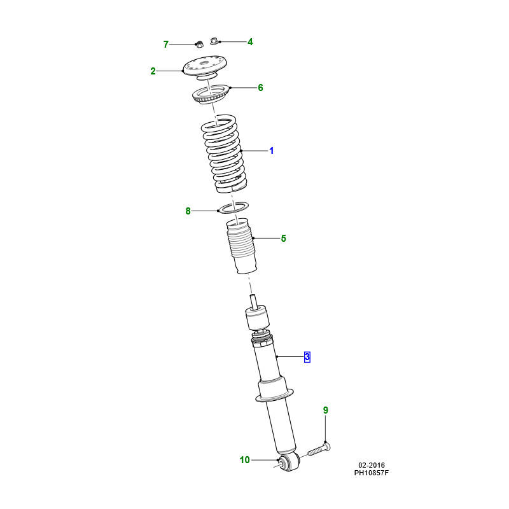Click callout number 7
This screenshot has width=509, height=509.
[166, 44]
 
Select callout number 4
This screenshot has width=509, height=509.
[250, 42]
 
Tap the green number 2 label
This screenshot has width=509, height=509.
[153, 71]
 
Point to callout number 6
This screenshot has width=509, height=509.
[260, 88]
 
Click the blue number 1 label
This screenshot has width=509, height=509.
[272, 151]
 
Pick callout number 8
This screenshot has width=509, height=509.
[188, 211]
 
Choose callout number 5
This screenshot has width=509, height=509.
[283, 239]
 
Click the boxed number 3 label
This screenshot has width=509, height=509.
[307, 357]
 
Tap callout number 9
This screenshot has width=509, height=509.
[326, 410]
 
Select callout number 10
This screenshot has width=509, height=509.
[245, 460]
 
